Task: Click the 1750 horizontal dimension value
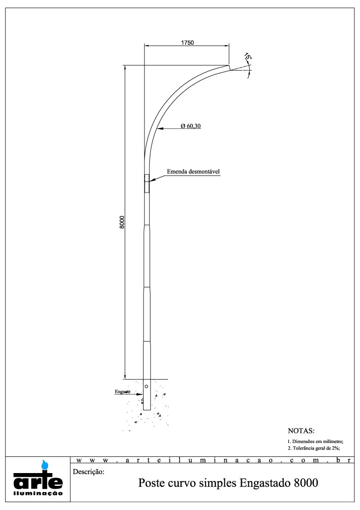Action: pos(187,42)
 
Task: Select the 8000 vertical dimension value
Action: pos(122,222)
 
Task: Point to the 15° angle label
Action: pos(248,57)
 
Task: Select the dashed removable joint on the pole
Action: pos(147,183)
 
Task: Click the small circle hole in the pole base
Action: pos(146,386)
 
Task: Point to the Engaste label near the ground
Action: pos(122,392)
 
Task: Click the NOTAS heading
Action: pos(300,431)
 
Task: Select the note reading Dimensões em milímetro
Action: pos(315,441)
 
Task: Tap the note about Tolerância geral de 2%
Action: pos(313,448)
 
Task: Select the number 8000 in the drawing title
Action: pos(305,484)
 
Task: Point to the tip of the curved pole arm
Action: pos(229,67)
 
